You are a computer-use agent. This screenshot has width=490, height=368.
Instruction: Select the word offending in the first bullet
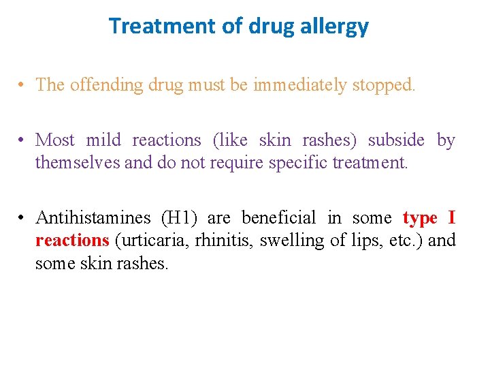coord(105,85)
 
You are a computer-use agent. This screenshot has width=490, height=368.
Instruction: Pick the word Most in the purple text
coord(55,140)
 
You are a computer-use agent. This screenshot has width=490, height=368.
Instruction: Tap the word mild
coord(103,140)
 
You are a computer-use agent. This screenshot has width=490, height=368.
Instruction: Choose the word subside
coord(396,140)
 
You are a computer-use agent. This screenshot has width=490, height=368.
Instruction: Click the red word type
coord(420,218)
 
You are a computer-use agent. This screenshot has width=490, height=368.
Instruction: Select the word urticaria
coord(146,241)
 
